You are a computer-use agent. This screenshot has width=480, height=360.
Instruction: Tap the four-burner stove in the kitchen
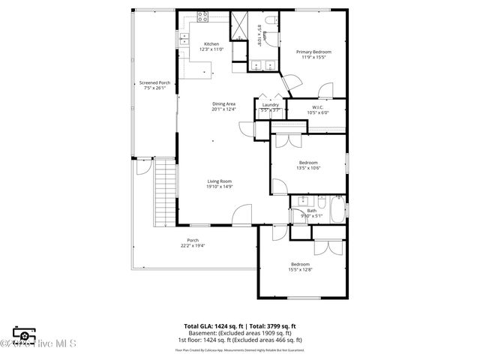[x=202, y=16]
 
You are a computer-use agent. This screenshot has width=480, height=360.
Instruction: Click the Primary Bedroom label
[x=313, y=52]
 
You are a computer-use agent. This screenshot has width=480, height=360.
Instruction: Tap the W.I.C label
[x=317, y=108]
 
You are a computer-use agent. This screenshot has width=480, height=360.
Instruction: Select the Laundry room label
[x=270, y=105]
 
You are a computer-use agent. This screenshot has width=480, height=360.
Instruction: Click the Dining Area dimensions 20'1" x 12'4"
[x=223, y=109]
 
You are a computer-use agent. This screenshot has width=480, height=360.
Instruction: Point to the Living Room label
[x=220, y=181]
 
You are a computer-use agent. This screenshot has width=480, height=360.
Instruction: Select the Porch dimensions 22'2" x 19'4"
[x=193, y=245]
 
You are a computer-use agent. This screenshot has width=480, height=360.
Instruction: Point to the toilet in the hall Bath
[x=320, y=203]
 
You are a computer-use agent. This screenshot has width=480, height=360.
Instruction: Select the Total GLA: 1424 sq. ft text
[x=211, y=325]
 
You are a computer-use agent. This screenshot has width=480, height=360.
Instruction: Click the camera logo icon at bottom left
[x=23, y=336]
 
